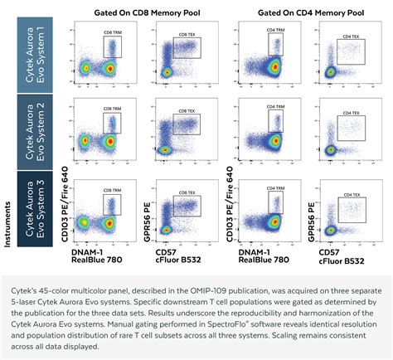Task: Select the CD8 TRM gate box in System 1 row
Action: pos(114,47)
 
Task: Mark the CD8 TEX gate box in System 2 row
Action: pos(193,120)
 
